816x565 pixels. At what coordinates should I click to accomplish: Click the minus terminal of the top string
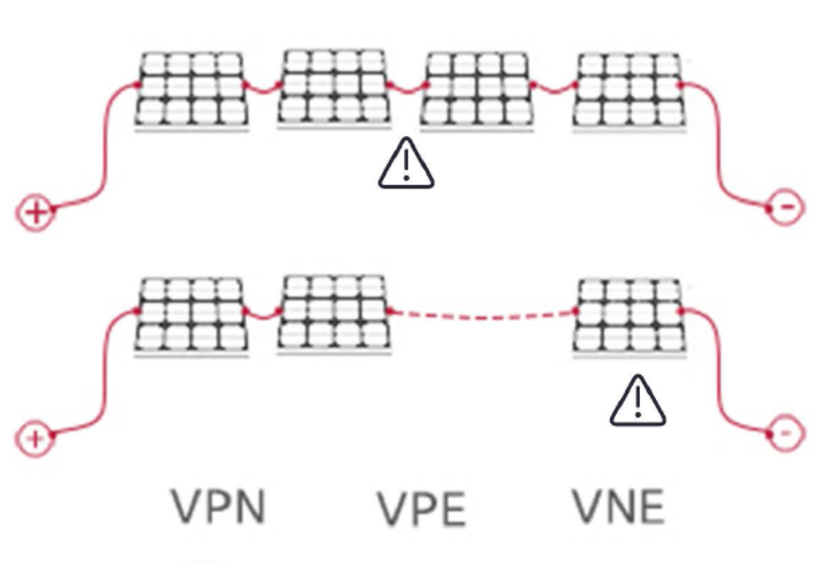[783, 209]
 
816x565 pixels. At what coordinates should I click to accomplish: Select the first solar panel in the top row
[191, 89]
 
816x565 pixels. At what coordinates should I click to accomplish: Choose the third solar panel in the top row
[477, 89]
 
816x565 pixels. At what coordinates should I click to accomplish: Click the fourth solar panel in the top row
[628, 89]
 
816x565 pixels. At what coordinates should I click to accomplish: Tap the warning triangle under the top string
[406, 165]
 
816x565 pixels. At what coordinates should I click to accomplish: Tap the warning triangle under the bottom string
[638, 400]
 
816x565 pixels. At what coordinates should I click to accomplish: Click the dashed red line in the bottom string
[483, 315]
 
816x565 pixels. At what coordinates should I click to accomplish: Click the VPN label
[219, 508]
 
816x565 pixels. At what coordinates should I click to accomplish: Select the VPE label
[421, 509]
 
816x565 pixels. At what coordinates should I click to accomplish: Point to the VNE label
[619, 508]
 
